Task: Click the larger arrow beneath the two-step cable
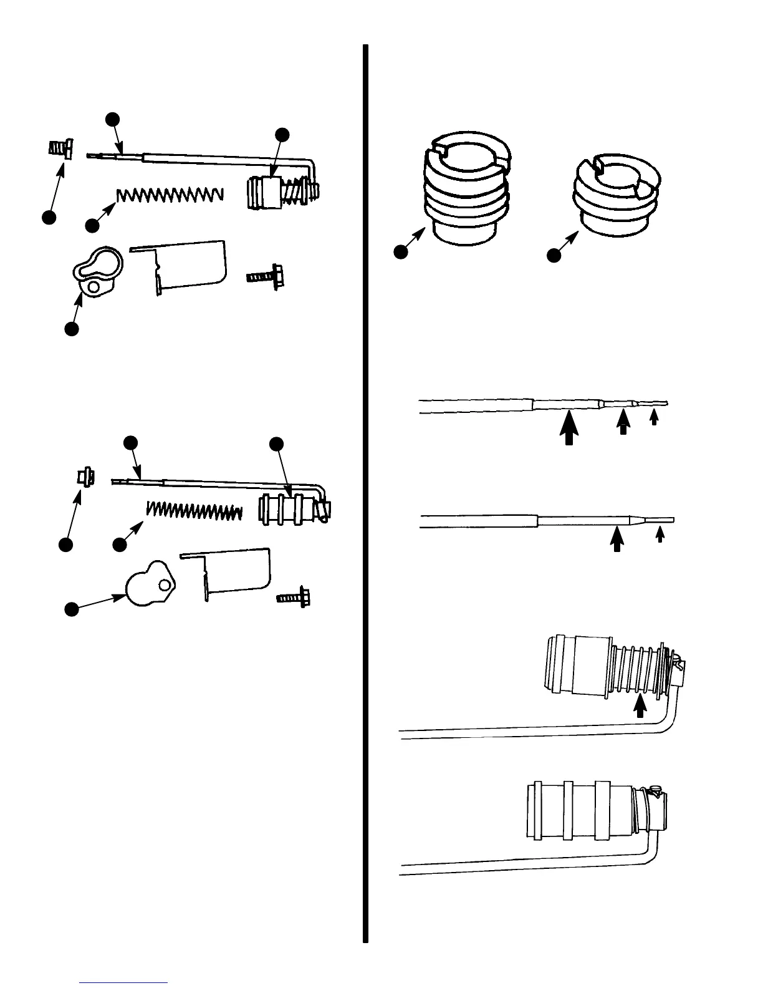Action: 617,538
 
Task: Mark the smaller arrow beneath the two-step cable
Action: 660,535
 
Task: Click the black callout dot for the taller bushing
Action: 400,251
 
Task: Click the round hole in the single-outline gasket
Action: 163,585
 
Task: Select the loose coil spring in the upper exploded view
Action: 170,195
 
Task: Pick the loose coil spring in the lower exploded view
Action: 194,510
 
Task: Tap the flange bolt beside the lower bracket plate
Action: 294,597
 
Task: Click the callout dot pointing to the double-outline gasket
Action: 71,329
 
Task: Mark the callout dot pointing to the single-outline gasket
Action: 72,608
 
